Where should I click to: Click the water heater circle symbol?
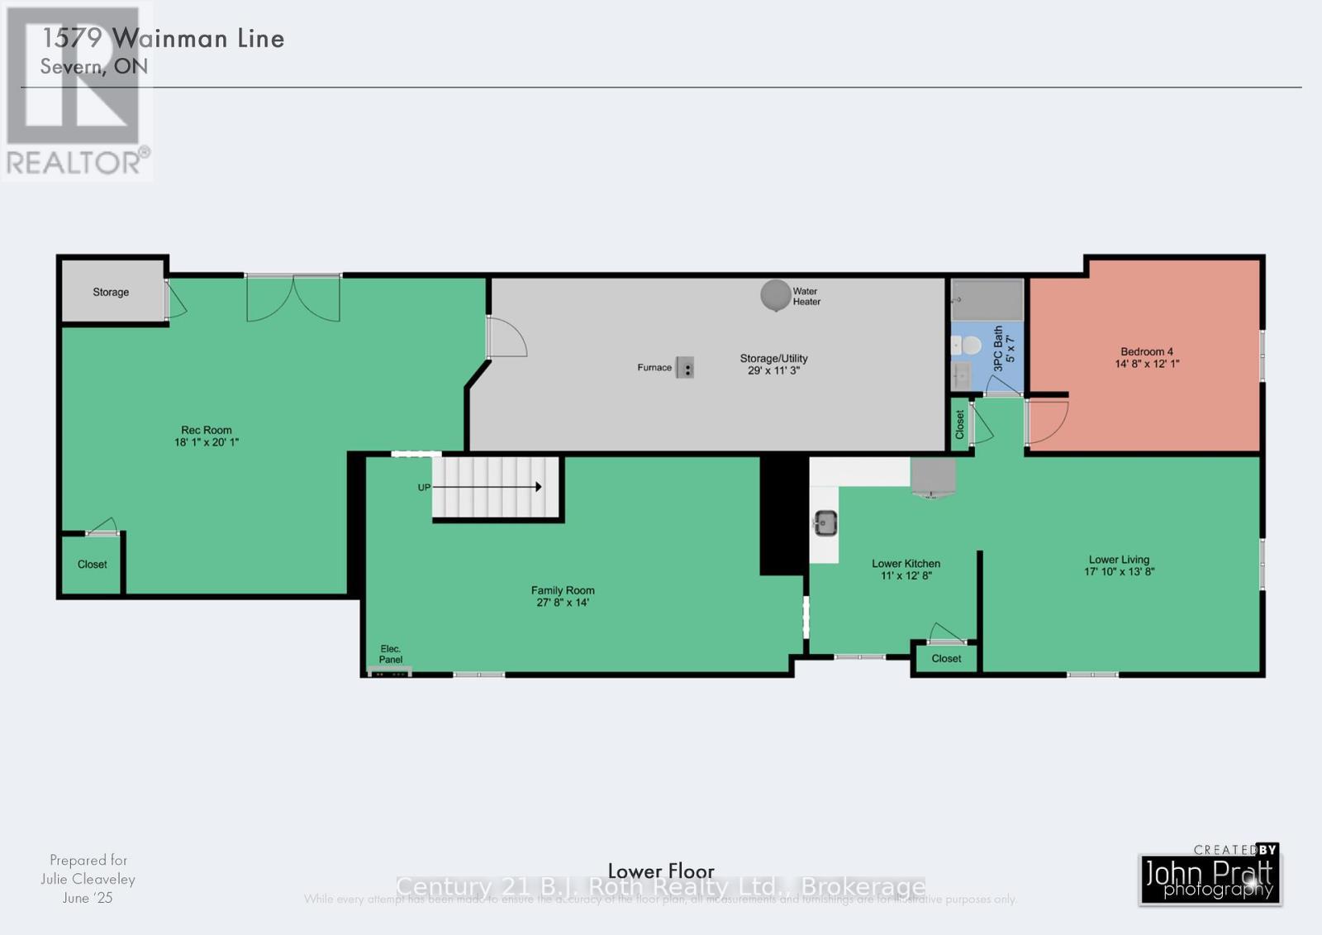(x=775, y=294)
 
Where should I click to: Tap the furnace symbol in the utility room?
(x=685, y=368)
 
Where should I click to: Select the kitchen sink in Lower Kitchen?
(x=825, y=522)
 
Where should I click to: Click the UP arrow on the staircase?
(x=487, y=487)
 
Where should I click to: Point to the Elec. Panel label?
(x=391, y=654)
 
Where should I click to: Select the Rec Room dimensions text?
(x=207, y=442)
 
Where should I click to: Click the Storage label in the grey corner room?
(x=111, y=292)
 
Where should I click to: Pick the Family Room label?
(x=563, y=590)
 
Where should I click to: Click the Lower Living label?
(x=1119, y=560)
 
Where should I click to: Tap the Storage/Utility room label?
(x=773, y=358)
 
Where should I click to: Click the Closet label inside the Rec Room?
(x=93, y=564)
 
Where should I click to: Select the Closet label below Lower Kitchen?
(x=946, y=659)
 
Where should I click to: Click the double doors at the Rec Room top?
(x=293, y=298)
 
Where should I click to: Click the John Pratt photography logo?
(x=1210, y=875)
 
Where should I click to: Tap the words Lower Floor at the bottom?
(x=661, y=871)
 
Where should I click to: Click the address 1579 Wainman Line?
(x=163, y=38)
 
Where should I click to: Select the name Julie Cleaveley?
(x=88, y=879)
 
